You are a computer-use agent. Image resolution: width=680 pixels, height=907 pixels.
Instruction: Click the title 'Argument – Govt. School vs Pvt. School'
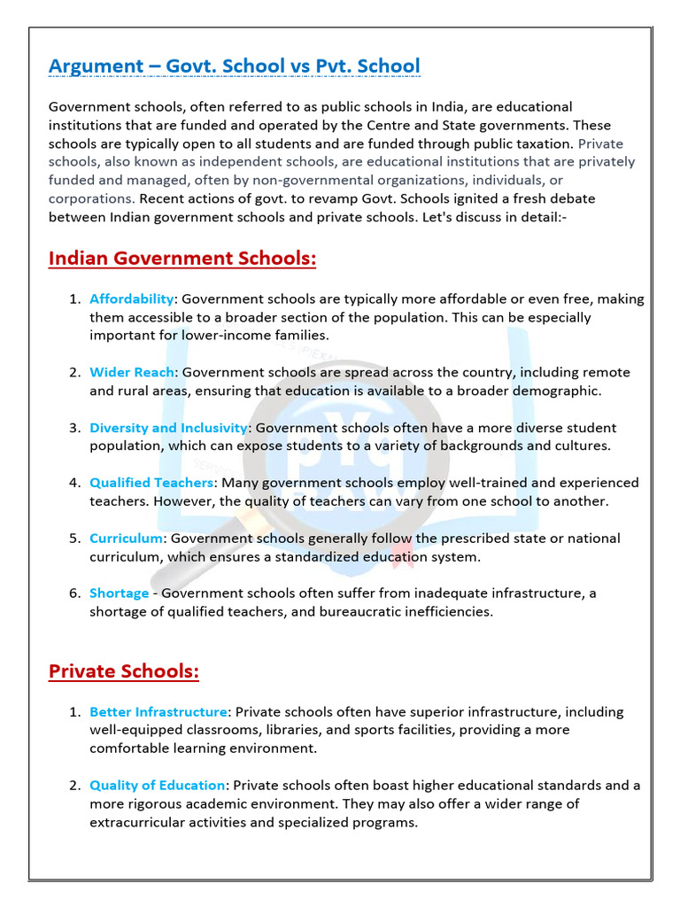(234, 66)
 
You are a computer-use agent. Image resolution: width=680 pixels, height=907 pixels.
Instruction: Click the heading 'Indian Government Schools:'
(182, 258)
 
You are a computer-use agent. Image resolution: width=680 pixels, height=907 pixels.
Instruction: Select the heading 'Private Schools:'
(124, 671)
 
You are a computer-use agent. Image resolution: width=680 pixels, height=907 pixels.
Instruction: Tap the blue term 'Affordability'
(131, 299)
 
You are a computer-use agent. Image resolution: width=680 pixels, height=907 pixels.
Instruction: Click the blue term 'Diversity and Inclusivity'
(166, 428)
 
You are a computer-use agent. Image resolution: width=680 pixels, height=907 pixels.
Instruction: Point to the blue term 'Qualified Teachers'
(151, 483)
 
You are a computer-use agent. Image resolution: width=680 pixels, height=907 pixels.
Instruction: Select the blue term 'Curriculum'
(126, 539)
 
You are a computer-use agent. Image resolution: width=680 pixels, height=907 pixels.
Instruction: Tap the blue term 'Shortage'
(118, 593)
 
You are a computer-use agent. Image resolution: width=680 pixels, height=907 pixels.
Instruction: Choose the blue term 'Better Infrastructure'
(158, 712)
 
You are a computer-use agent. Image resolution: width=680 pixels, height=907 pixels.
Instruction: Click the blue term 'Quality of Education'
(157, 785)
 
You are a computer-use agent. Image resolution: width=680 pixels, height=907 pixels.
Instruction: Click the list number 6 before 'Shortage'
(74, 593)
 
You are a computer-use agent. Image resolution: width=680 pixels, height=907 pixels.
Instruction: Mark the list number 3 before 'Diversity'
(74, 428)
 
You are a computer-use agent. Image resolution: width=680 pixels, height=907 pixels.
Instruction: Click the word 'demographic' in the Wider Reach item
(559, 391)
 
